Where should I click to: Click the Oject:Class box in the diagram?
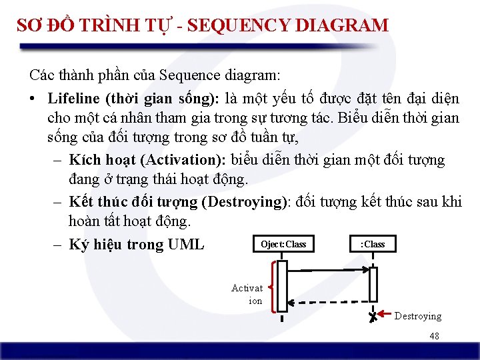(x=283, y=244)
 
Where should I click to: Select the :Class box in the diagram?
(x=373, y=244)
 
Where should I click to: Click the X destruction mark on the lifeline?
(x=372, y=317)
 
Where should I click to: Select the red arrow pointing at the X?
(x=385, y=313)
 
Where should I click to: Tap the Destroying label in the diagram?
(x=417, y=316)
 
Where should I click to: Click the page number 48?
(x=434, y=337)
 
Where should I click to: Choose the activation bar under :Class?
(x=373, y=284)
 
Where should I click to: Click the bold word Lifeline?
(x=73, y=99)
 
